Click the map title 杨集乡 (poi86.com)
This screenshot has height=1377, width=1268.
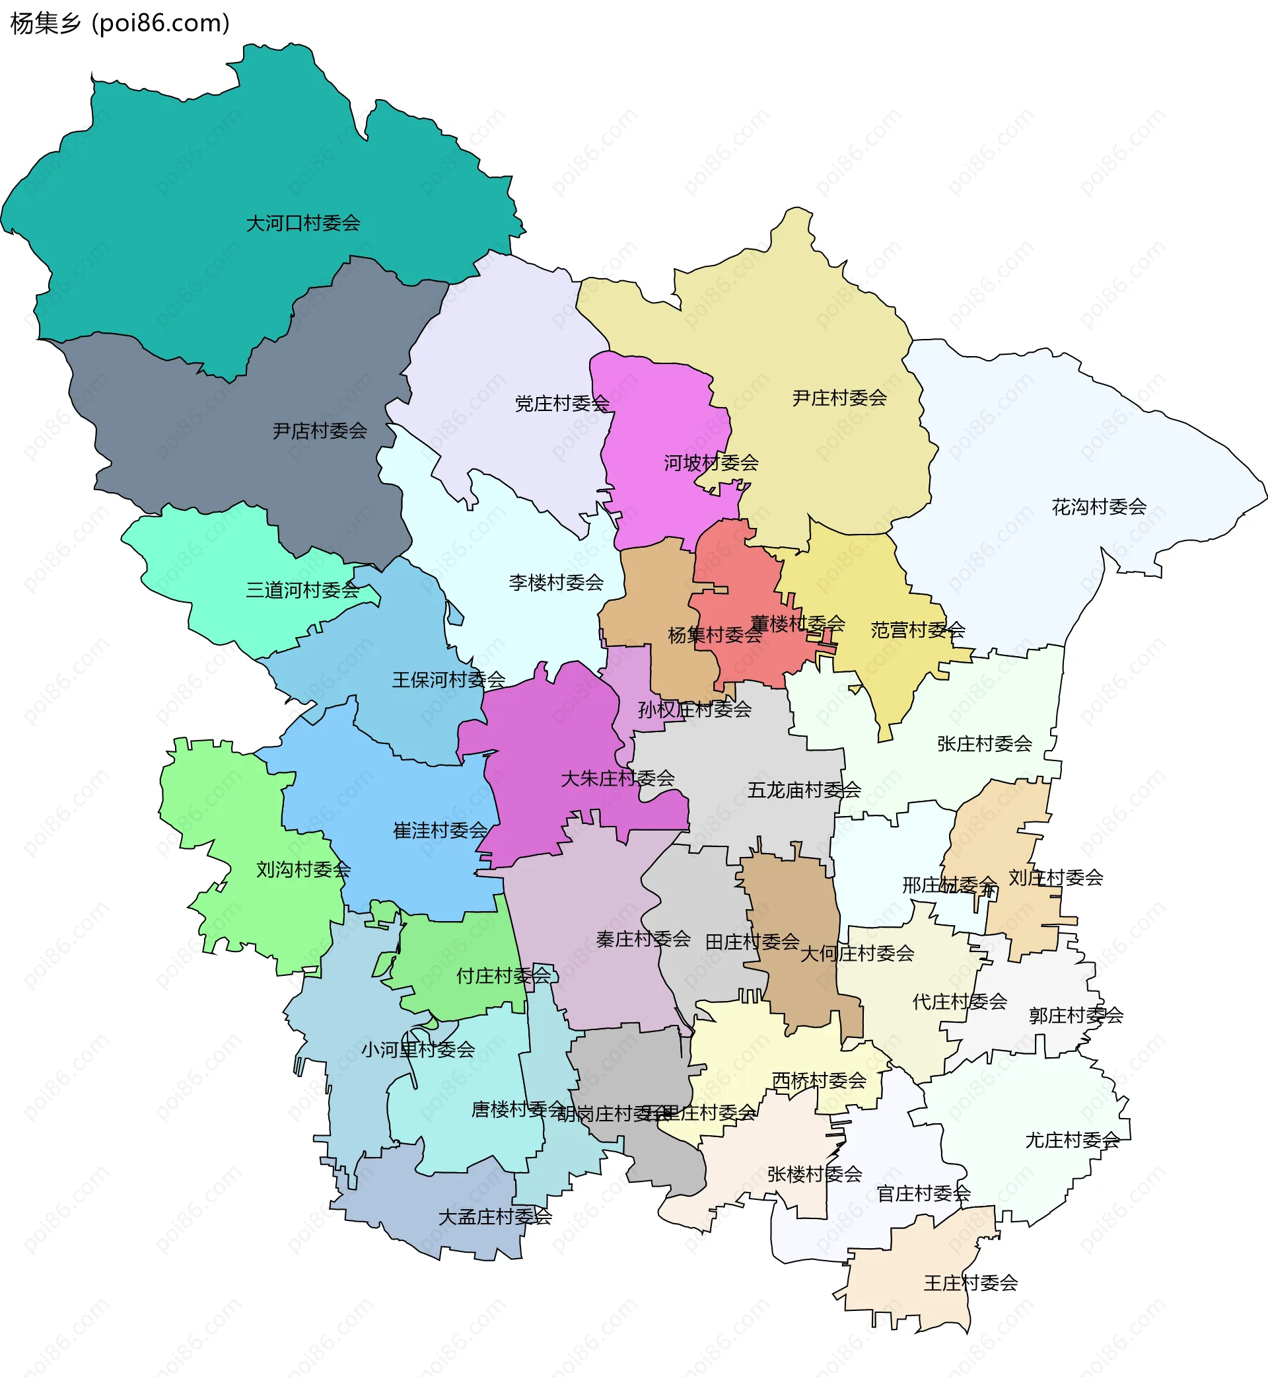pyautogui.click(x=120, y=23)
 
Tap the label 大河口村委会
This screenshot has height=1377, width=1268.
pyautogui.click(x=302, y=223)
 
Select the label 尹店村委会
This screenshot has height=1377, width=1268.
pyautogui.click(x=320, y=431)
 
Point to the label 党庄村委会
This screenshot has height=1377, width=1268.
pyautogui.click(x=562, y=404)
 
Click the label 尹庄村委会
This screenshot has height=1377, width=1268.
pyautogui.click(x=839, y=398)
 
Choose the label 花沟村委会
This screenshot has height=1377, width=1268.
pyautogui.click(x=1098, y=507)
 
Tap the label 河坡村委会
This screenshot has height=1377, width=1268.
pyautogui.click(x=711, y=463)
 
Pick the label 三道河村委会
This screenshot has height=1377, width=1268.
pyautogui.click(x=302, y=590)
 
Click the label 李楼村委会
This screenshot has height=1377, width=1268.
pyautogui.click(x=556, y=583)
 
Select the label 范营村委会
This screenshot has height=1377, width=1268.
pyautogui.click(x=917, y=630)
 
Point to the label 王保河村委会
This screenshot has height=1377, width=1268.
pyautogui.click(x=448, y=681)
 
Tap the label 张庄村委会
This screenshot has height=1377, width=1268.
pyautogui.click(x=985, y=743)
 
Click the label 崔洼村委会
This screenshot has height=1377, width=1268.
pyautogui.click(x=440, y=831)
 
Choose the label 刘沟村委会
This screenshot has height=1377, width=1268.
pyautogui.click(x=303, y=870)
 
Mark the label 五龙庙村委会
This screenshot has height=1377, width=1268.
pyautogui.click(x=804, y=790)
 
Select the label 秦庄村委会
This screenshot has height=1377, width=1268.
pyautogui.click(x=643, y=939)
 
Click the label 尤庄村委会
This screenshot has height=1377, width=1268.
pyautogui.click(x=1072, y=1140)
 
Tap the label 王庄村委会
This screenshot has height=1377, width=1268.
pyautogui.click(x=970, y=1283)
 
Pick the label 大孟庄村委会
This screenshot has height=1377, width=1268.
pyautogui.click(x=495, y=1217)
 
